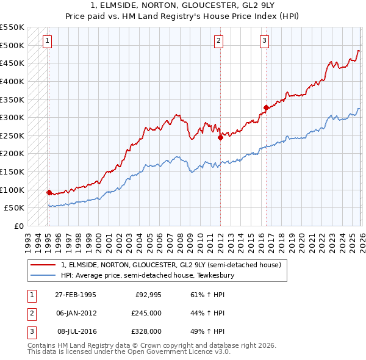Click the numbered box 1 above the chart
(48, 41)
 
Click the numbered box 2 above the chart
(218, 41)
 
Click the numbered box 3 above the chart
(264, 41)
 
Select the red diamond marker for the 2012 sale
(220, 137)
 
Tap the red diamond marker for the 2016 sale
(266, 107)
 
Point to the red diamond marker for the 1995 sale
(49, 192)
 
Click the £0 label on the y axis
(18, 226)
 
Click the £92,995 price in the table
(147, 295)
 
